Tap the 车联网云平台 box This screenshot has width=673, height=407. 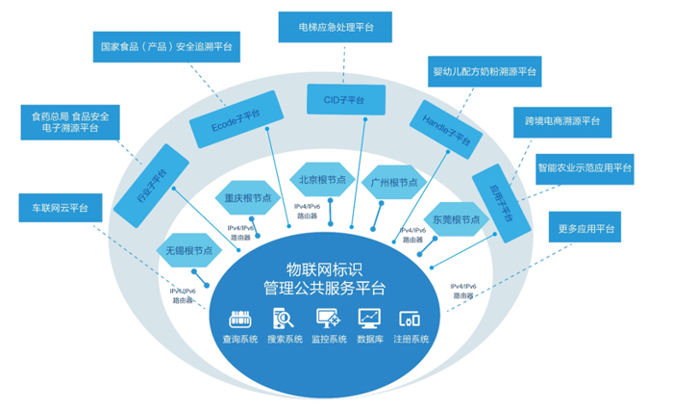pyautogui.click(x=60, y=207)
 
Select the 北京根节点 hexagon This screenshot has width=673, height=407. pyautogui.click(x=324, y=181)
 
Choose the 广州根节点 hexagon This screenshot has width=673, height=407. pyautogui.click(x=393, y=182)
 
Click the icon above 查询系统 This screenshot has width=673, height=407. pyautogui.click(x=239, y=318)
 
